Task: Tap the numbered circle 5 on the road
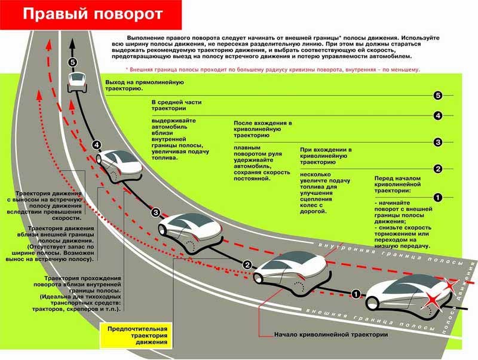(x=73, y=62)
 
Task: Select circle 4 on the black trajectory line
(x=97, y=144)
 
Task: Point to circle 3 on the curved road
(x=156, y=212)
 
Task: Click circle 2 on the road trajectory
(x=246, y=264)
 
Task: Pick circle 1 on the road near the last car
(x=356, y=293)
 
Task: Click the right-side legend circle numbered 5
(x=438, y=95)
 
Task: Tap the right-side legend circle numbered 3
(x=438, y=142)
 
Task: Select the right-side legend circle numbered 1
(x=437, y=197)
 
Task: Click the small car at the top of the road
(x=78, y=81)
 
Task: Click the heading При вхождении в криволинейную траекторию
(x=326, y=155)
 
